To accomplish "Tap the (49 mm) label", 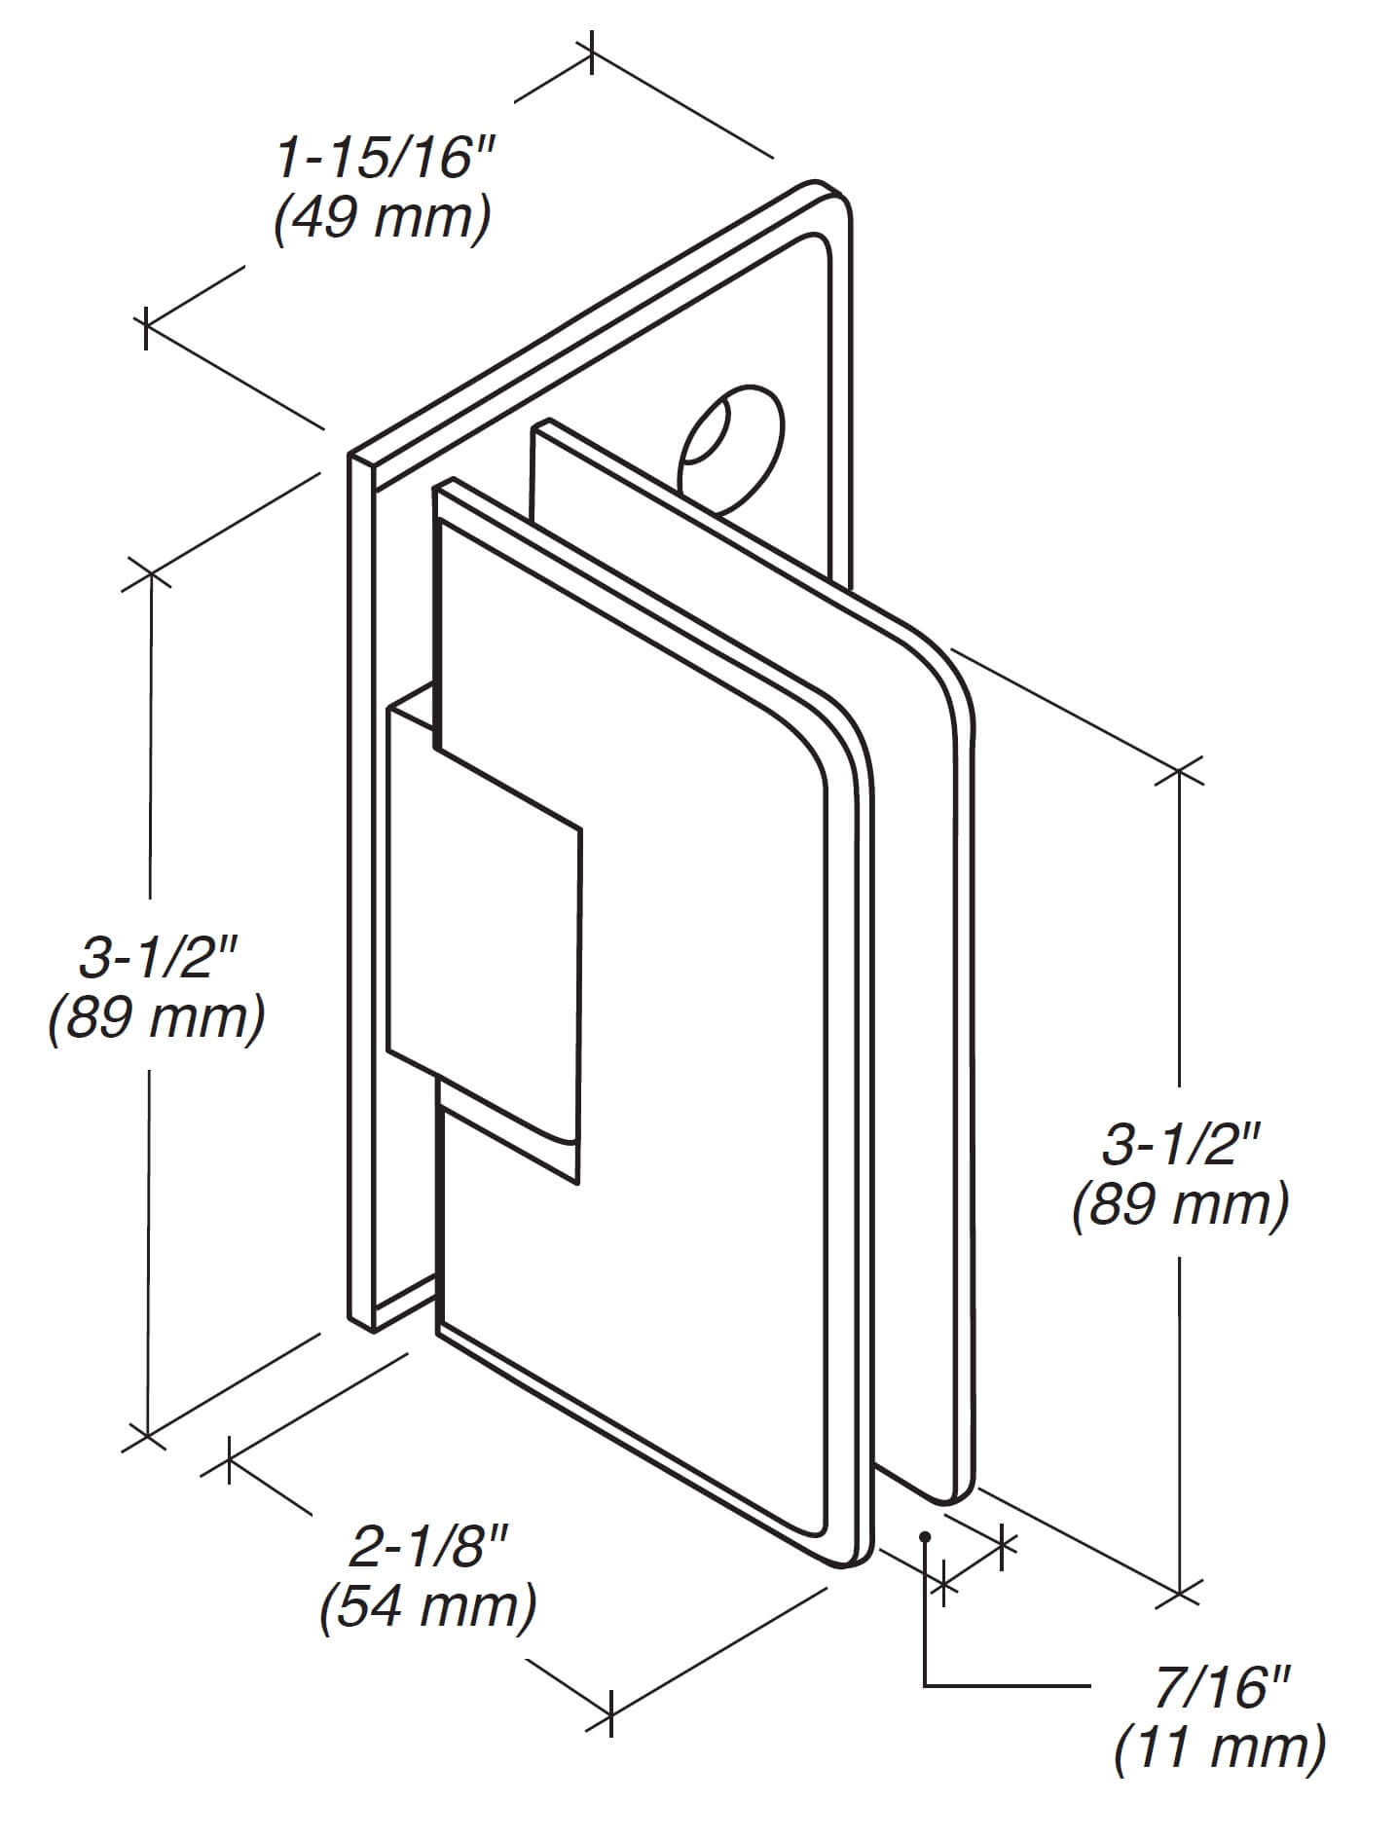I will pyautogui.click(x=383, y=219).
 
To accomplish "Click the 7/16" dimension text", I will pyautogui.click(x=1221, y=1687).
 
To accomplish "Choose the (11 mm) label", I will pyautogui.click(x=1220, y=1746).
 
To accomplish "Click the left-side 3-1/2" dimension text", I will pyautogui.click(x=159, y=959).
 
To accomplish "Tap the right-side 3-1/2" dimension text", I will pyautogui.click(x=1182, y=1144).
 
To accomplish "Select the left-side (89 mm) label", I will pyautogui.click(x=157, y=1019).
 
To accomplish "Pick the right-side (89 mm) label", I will pyautogui.click(x=1181, y=1204).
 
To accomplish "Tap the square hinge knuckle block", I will pyautogui.click(x=484, y=939).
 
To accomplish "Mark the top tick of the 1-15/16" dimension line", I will pyautogui.click(x=591, y=54).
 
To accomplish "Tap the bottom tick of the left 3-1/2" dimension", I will pyautogui.click(x=147, y=1435).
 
